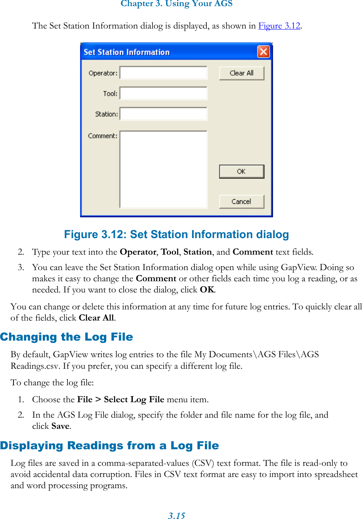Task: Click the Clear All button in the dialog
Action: coord(241,73)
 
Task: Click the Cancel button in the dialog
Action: coord(241,202)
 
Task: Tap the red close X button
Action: coord(263,52)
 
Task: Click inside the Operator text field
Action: coord(163,73)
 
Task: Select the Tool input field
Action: coord(163,93)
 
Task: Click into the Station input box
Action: coord(163,114)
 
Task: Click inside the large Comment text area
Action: coord(163,170)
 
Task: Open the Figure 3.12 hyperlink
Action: coord(279,26)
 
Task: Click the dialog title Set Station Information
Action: coord(126,52)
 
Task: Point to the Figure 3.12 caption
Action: coord(176,234)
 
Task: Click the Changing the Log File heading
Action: coord(67,337)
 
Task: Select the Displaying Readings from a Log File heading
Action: coord(109,445)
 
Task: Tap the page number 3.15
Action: coord(176,516)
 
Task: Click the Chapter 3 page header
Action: coord(176,4)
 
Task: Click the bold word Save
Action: coord(60,426)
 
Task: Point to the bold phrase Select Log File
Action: coord(134,400)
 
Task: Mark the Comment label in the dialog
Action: coord(102,136)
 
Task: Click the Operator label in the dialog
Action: coord(103,73)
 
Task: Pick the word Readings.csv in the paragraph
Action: coord(35,366)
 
